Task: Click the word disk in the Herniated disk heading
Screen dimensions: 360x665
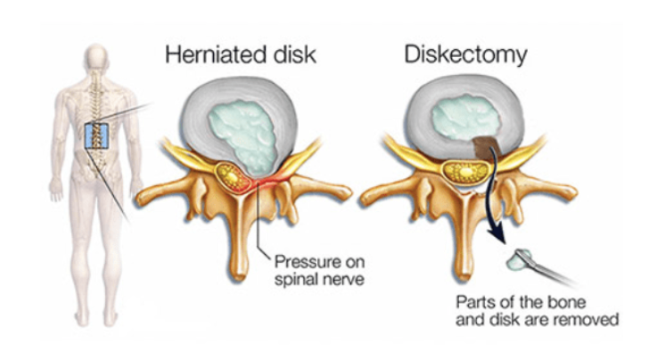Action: click(x=291, y=54)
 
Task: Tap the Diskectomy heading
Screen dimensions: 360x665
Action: click(x=465, y=54)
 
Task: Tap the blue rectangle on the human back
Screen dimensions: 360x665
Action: click(x=96, y=135)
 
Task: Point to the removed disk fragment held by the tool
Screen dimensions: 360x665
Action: click(x=518, y=260)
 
